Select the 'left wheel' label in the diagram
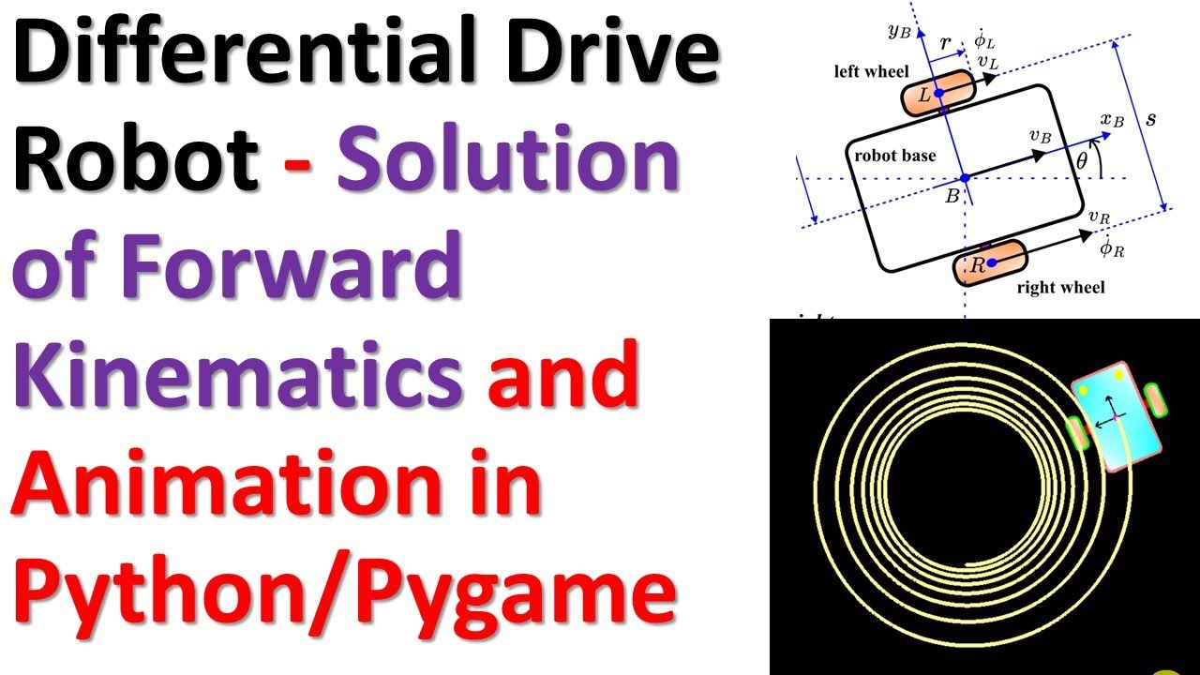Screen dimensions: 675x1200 (872, 72)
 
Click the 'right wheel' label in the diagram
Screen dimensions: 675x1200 (1060, 287)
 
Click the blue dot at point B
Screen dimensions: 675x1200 (963, 178)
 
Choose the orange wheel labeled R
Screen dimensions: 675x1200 (990, 264)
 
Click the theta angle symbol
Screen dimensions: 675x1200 (1082, 161)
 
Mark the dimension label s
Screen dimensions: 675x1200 (1151, 120)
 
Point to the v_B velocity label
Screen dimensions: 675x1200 (1039, 136)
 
